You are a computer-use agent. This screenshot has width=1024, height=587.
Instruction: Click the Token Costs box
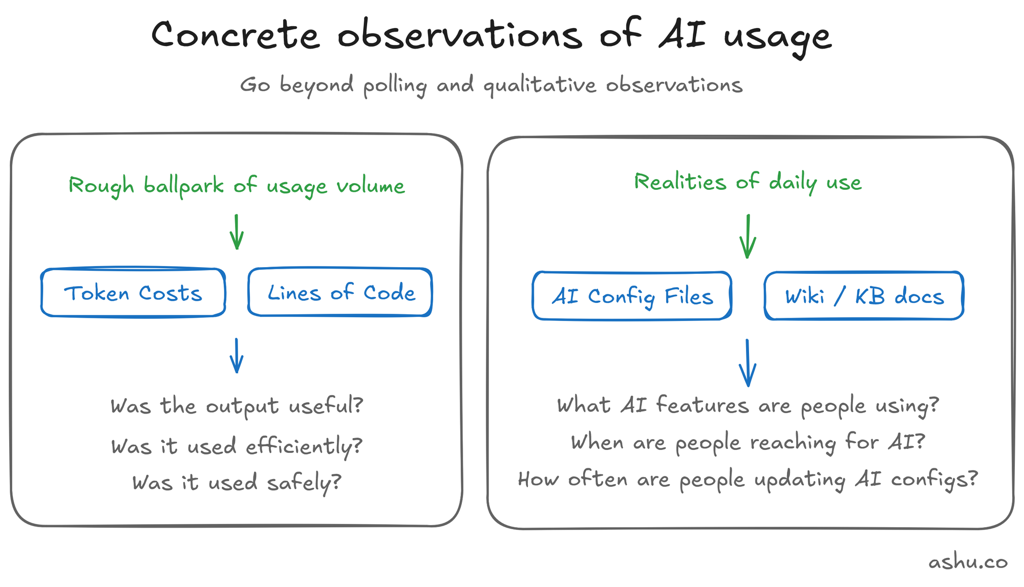133,293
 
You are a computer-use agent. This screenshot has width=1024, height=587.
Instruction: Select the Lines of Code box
340,292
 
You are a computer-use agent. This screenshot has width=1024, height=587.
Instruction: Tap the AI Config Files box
632,296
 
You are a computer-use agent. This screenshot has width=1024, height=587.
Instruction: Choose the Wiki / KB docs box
864,296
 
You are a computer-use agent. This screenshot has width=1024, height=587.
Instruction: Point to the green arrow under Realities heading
748,236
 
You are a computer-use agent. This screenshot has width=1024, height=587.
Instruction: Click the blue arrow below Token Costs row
237,356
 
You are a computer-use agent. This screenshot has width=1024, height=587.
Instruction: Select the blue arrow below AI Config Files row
748,363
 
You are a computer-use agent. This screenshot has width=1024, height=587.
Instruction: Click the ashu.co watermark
968,562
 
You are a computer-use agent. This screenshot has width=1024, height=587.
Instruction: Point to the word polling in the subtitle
395,85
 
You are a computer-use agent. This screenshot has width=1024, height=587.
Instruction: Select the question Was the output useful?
237,406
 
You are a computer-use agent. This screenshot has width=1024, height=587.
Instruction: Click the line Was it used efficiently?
237,446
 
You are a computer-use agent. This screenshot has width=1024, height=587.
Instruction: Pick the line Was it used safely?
237,483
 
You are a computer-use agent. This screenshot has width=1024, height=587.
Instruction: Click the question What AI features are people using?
748,406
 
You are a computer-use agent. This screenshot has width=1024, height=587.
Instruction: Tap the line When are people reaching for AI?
748,442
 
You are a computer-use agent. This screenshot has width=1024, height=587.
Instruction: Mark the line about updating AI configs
748,480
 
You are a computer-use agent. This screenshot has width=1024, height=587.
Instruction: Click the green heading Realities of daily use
748,182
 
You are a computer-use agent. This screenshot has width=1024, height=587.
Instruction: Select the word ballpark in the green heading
184,186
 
